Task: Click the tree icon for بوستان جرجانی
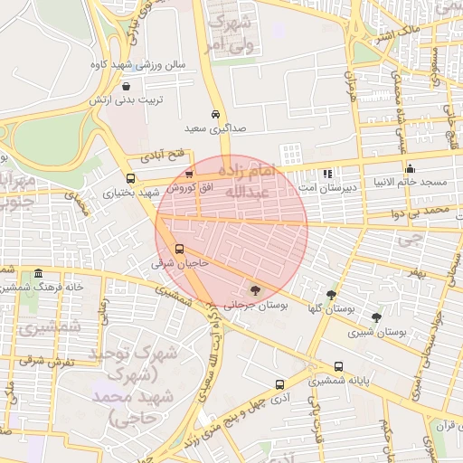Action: pyautogui.click(x=255, y=289)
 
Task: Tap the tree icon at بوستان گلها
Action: pyautogui.click(x=332, y=295)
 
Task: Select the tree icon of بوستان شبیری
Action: pyautogui.click(x=376, y=317)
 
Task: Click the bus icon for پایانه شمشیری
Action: pyautogui.click(x=338, y=366)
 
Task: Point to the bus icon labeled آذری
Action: pyautogui.click(x=279, y=384)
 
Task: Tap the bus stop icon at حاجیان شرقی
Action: pyautogui.click(x=179, y=249)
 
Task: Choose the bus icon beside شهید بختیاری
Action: pyautogui.click(x=131, y=178)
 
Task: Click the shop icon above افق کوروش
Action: pyautogui.click(x=188, y=175)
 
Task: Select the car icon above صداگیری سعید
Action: pyautogui.click(x=214, y=115)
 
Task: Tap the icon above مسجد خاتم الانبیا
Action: pyautogui.click(x=410, y=167)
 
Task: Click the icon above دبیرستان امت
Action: pyautogui.click(x=327, y=173)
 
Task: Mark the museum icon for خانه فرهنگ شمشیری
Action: pyautogui.click(x=37, y=273)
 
